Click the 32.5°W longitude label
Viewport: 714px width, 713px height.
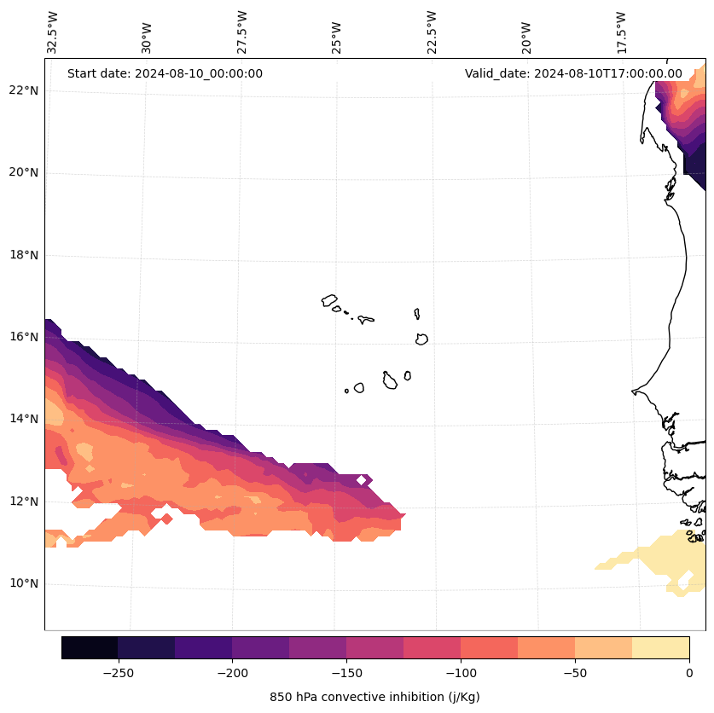pos(53,32)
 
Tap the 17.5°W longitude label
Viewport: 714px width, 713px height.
pos(622,32)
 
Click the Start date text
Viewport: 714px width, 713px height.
pos(165,73)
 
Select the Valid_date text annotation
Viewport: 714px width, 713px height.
pos(573,73)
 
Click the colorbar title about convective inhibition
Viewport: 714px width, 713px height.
pos(374,697)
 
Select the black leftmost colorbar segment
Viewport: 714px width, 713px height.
pos(90,647)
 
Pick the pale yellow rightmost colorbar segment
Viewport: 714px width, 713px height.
pos(660,647)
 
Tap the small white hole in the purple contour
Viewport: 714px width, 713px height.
pos(362,480)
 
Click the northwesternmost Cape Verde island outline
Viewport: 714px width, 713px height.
pos(329,300)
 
